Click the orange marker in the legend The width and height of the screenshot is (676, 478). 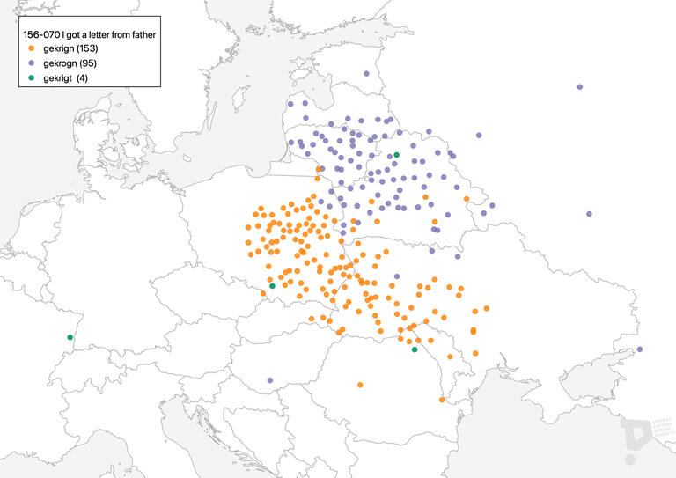coord(32,48)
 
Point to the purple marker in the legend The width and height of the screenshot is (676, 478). coord(32,63)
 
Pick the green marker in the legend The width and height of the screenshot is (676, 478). coord(32,78)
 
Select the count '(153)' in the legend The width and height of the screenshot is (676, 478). coord(87,48)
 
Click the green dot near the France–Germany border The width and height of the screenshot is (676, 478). coord(70,337)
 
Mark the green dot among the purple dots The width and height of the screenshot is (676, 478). coord(396,155)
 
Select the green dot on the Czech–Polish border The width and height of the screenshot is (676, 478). coord(272,286)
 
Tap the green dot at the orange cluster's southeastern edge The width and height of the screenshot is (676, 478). coord(415,349)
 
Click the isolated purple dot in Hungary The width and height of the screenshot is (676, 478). coord(270,380)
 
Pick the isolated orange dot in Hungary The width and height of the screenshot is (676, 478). coord(360,385)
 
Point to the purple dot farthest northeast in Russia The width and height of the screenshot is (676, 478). coord(580,87)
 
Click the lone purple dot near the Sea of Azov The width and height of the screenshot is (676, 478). coord(640,349)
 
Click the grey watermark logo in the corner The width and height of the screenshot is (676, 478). coord(639,438)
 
